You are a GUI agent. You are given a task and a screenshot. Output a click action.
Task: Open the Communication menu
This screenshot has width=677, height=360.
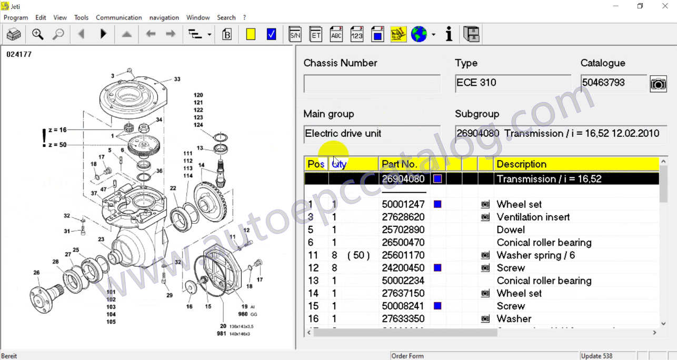(118, 17)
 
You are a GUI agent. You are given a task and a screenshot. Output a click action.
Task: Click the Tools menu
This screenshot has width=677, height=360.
(81, 17)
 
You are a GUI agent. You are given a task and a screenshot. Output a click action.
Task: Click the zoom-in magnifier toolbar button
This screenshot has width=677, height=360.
(37, 35)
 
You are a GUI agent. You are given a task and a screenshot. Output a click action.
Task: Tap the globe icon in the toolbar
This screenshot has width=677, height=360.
(419, 35)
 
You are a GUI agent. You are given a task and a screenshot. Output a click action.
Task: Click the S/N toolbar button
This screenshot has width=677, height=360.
(295, 35)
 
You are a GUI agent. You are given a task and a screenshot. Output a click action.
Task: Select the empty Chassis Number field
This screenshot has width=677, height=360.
(372, 84)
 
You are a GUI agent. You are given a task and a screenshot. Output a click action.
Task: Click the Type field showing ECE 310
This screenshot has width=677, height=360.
(513, 83)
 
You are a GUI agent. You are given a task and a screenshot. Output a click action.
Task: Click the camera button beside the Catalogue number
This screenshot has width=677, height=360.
(658, 84)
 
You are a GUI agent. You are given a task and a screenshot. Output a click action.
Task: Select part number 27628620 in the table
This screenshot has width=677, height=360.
(403, 217)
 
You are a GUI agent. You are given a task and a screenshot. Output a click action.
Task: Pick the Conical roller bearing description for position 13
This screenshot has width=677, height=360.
(544, 281)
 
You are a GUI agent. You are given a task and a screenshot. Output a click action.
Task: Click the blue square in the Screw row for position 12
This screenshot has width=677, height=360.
(437, 268)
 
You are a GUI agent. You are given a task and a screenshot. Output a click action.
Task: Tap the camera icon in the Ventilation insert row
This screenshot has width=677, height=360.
(485, 217)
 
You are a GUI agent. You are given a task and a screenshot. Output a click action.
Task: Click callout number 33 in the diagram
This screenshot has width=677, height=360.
(177, 79)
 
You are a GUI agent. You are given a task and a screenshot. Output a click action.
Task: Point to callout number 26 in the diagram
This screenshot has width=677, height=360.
(36, 273)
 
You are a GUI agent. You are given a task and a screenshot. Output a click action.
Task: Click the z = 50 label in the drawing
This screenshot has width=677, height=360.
(57, 145)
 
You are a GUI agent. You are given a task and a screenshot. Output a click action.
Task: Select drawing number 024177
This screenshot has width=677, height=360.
(19, 54)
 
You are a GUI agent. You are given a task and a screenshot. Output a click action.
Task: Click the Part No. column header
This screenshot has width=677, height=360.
(400, 164)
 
